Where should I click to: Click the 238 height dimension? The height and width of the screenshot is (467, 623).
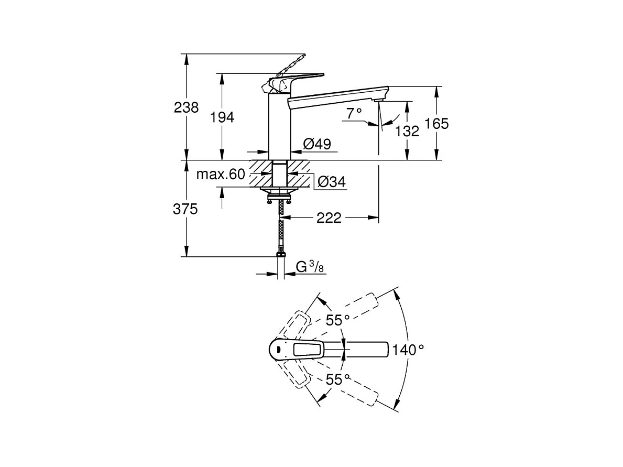pyautogui.click(x=186, y=107)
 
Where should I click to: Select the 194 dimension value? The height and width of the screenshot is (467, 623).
pyautogui.click(x=222, y=117)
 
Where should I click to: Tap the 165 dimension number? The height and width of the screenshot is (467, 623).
pyautogui.click(x=436, y=124)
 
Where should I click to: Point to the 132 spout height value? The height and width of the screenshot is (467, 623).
pyautogui.click(x=407, y=131)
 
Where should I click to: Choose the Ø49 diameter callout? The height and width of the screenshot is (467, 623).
pyautogui.click(x=317, y=144)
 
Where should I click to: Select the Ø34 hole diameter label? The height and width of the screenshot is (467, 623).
pyautogui.click(x=332, y=182)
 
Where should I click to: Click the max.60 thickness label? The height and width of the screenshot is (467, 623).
pyautogui.click(x=221, y=174)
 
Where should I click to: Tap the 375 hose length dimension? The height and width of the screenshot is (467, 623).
pyautogui.click(x=185, y=209)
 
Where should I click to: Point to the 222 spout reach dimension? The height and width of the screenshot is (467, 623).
pyautogui.click(x=329, y=218)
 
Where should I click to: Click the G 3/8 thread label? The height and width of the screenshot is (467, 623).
pyautogui.click(x=310, y=266)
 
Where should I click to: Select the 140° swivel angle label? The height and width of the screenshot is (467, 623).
pyautogui.click(x=408, y=350)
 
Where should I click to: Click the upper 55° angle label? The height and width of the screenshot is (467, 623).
pyautogui.click(x=338, y=320)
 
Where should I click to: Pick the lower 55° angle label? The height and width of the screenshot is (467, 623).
pyautogui.click(x=338, y=379)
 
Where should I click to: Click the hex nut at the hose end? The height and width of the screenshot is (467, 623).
pyautogui.click(x=281, y=253)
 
